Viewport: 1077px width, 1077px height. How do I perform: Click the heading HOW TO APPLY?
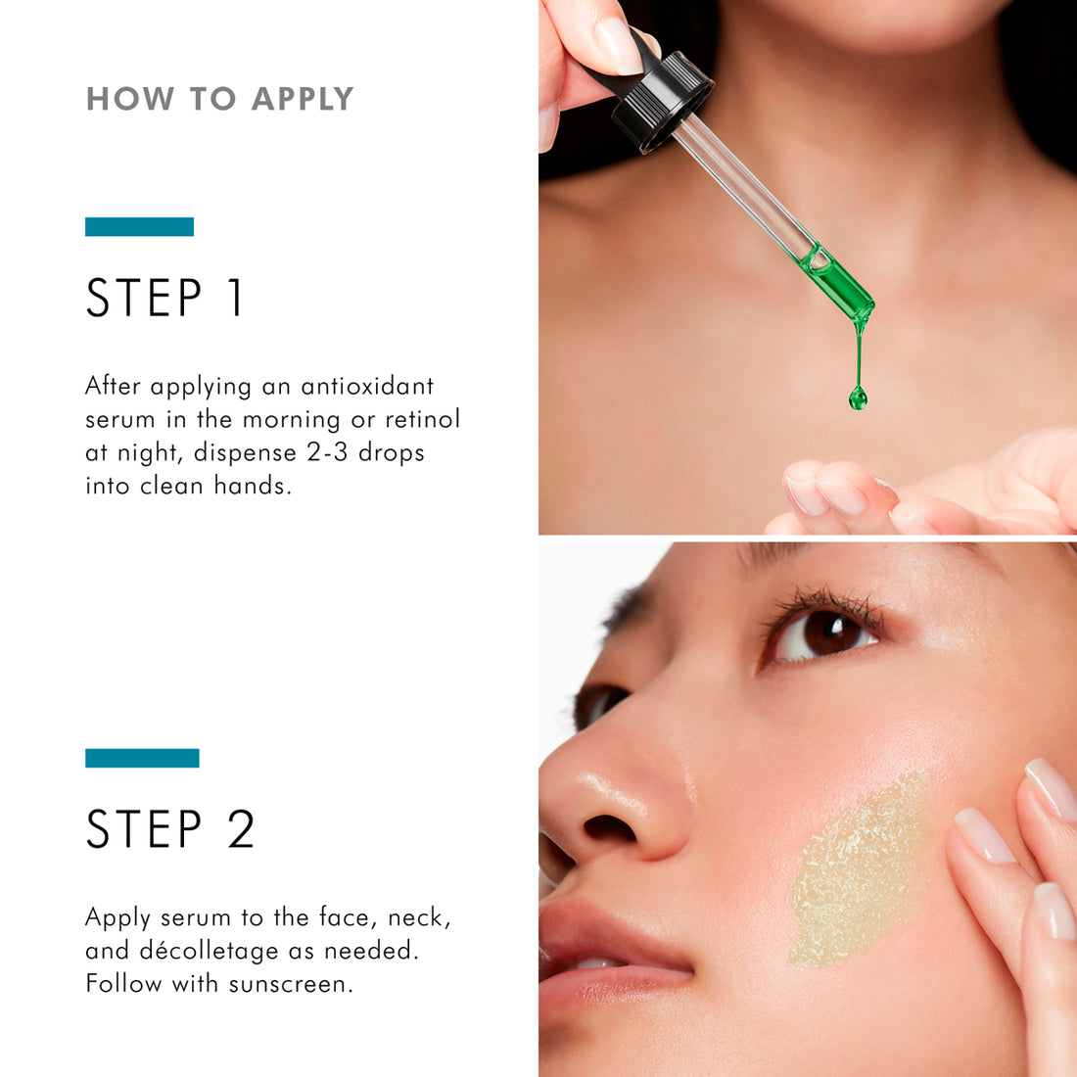click(x=219, y=99)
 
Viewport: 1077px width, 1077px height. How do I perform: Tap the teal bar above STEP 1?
click(x=139, y=227)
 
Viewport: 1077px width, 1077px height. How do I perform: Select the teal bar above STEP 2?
click(x=142, y=758)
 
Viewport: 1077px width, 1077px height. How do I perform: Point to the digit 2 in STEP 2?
click(x=241, y=829)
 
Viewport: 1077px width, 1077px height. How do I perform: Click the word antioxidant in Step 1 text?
click(x=367, y=386)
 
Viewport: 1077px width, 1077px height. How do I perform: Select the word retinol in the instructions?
click(x=422, y=419)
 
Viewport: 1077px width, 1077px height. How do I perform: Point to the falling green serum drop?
click(x=859, y=397)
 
